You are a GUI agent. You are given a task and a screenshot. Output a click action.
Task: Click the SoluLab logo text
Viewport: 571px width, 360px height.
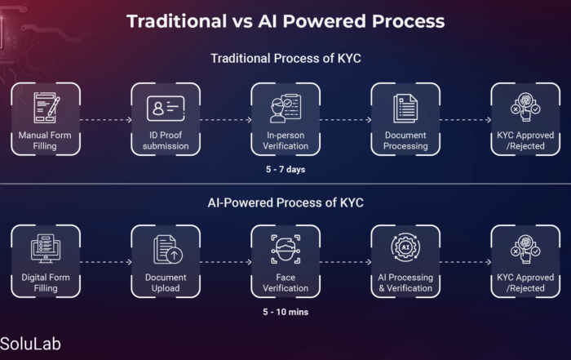tap(30, 344)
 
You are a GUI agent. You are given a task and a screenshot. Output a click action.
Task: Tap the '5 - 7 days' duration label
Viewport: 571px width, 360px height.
tap(285, 170)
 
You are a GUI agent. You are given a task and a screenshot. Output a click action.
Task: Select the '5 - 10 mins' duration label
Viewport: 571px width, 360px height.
tap(285, 312)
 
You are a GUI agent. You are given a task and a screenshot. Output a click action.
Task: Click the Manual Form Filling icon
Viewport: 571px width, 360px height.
tap(46, 108)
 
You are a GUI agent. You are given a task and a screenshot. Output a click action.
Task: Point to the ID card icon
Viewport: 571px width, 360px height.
tap(166, 109)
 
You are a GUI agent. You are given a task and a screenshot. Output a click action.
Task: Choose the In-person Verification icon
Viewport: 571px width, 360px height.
tap(285, 109)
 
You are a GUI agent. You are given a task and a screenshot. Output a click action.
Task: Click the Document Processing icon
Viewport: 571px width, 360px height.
tap(405, 109)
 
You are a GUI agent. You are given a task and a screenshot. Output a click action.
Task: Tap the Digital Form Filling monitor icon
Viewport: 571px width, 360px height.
tap(46, 248)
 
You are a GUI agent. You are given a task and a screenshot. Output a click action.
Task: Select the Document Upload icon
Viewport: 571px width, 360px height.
tap(168, 249)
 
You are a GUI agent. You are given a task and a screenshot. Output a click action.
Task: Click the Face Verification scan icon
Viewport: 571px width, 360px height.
tap(285, 249)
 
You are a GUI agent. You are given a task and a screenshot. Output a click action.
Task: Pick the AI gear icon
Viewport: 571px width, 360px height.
tap(405, 247)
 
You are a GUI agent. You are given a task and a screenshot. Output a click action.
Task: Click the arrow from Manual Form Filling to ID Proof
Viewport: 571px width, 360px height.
tap(105, 119)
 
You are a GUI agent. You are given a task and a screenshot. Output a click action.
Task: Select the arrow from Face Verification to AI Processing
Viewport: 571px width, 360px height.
tap(346, 262)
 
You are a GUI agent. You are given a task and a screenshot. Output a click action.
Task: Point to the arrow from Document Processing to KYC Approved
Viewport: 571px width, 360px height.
tap(466, 119)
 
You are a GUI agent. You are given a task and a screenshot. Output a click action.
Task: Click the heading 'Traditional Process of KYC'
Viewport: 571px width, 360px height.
tap(285, 58)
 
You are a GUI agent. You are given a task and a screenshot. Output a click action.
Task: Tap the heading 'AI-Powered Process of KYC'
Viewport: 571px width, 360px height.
tap(285, 202)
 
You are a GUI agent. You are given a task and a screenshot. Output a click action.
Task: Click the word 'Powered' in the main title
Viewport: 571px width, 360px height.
tap(324, 21)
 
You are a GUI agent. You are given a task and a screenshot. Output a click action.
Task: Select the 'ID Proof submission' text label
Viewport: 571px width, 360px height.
tap(166, 140)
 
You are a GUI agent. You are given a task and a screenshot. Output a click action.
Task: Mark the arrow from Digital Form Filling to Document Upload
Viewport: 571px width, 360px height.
tap(105, 262)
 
